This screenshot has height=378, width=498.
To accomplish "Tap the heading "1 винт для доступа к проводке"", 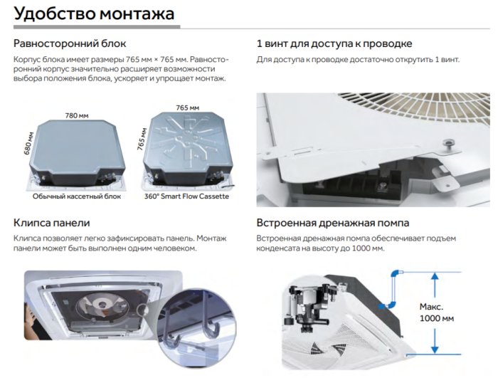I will (334, 43).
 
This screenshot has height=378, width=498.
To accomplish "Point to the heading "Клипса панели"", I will (51, 221).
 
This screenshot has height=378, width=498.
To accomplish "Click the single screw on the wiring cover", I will (447, 144).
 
